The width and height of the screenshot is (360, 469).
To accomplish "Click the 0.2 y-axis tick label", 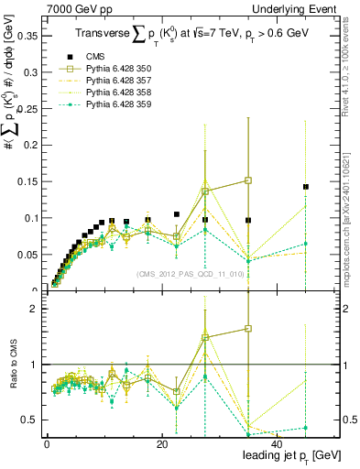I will [28, 145].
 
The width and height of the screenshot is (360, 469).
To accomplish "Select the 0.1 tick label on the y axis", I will [28, 218].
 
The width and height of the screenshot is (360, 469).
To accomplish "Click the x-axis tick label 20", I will [161, 445].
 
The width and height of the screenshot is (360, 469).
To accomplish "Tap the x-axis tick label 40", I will [276, 445].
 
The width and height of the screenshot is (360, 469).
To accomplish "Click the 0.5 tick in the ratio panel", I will [29, 420].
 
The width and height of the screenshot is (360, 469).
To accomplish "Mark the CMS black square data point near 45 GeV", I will [306, 187].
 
